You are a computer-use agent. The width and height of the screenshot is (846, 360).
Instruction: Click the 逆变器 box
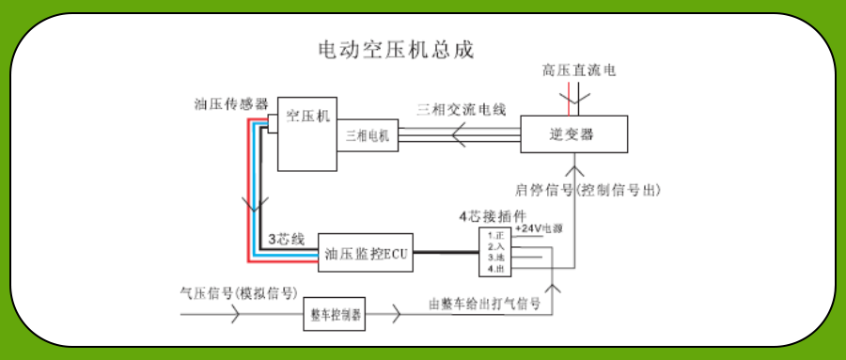(x=572, y=134)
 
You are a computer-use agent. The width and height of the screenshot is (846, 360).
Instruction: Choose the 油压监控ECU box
(x=364, y=252)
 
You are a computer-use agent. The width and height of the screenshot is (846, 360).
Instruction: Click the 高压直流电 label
(x=579, y=70)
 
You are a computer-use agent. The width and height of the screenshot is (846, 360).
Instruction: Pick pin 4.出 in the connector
(x=495, y=268)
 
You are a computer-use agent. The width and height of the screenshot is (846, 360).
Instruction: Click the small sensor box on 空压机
(x=272, y=121)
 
